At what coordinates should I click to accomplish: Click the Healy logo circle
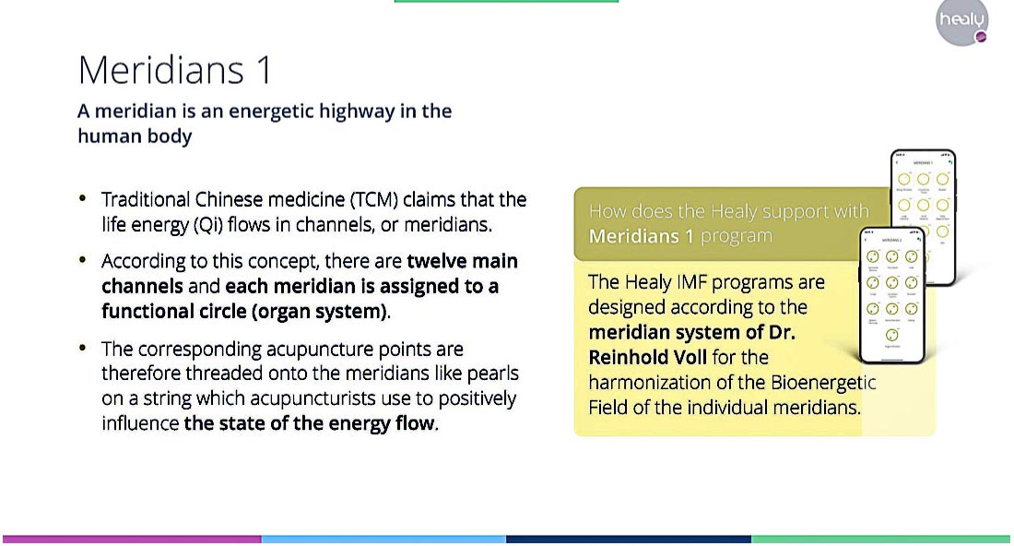click(961, 22)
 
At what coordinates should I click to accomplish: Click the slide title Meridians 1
click(175, 70)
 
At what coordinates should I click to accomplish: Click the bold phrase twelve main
click(462, 261)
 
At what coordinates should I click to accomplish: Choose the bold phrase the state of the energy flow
click(309, 424)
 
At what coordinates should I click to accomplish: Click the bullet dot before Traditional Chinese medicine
click(83, 198)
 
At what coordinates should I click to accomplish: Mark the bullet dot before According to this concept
click(83, 260)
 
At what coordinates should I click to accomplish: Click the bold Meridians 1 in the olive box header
click(641, 236)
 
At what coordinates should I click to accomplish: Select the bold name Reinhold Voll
click(651, 357)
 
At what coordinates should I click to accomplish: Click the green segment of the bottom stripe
click(881, 539)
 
